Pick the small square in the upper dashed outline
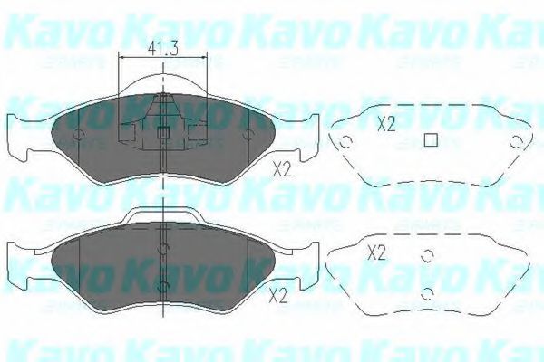tap(432, 140)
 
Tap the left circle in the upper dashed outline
tap(345, 142)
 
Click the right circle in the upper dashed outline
tap(516, 141)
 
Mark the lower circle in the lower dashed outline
tap(426, 291)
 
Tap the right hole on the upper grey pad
tap(248, 138)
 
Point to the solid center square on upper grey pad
tap(163, 133)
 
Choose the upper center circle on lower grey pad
tap(162, 250)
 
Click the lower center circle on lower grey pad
tap(162, 285)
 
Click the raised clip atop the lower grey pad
tap(163, 214)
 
